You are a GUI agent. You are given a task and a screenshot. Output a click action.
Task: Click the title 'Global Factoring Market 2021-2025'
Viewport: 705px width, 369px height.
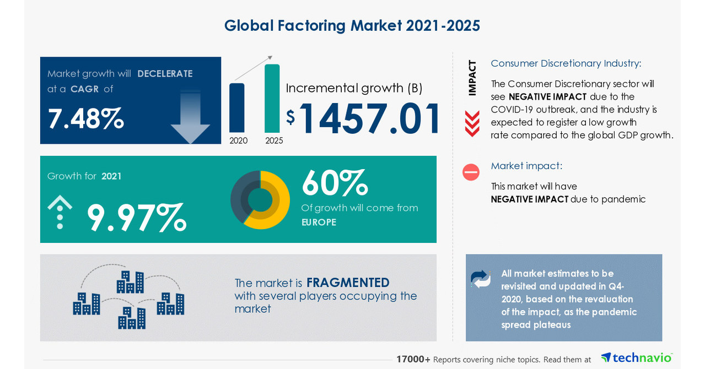coord(352,25)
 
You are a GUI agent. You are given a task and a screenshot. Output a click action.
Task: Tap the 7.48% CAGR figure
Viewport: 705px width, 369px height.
coord(85,118)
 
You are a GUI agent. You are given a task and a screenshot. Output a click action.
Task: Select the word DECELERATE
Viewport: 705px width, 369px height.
coord(165,74)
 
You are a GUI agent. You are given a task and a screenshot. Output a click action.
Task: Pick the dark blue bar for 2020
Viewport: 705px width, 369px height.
coord(236,108)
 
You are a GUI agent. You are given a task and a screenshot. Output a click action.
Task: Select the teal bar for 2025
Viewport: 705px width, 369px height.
coord(272,98)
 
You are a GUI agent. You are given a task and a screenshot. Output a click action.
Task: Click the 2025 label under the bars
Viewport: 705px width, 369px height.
coord(274,140)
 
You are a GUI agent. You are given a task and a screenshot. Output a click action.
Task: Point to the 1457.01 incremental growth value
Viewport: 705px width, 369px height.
coord(370,118)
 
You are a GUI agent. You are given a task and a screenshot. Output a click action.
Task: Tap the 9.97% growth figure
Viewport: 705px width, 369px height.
coord(136,218)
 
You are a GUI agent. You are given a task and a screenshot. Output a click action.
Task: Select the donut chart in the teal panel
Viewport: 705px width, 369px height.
coord(260,199)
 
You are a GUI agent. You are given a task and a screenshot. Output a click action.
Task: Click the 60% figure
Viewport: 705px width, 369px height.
coord(334,183)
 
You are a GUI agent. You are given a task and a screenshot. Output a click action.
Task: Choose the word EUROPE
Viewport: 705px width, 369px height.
coord(319,223)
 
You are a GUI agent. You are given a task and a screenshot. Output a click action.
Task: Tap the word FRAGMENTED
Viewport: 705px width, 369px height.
coord(348,283)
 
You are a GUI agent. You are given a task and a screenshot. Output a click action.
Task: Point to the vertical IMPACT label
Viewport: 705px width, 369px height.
coord(472,78)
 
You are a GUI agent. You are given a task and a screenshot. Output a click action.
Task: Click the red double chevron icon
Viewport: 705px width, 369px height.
coord(472,123)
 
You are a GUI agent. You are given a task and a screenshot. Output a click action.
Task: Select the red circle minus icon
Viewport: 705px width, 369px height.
coord(471,172)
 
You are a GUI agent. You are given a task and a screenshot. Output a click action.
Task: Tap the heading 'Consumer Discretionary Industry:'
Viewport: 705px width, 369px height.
coord(566,63)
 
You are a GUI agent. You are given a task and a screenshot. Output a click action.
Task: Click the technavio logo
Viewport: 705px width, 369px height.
coord(636,357)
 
